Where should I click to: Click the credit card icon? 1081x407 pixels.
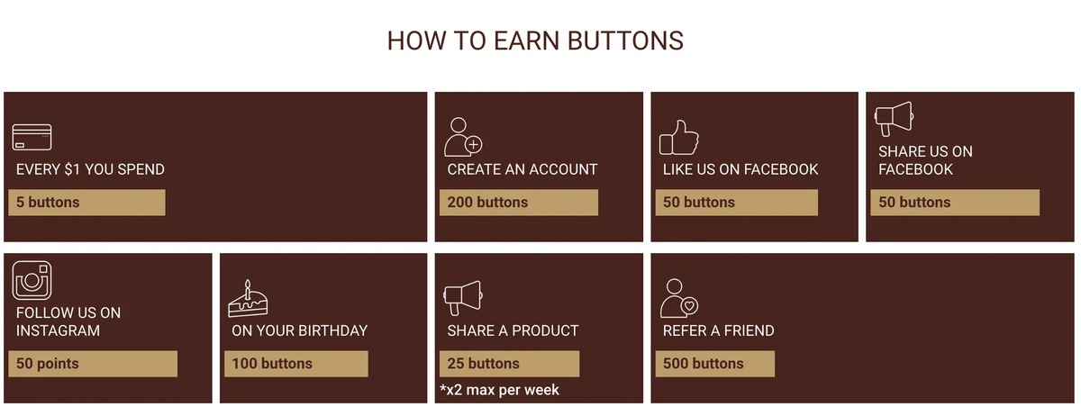pos(32,138)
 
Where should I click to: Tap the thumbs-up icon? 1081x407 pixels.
pos(679,138)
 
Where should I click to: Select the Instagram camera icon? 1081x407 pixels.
pos(32,281)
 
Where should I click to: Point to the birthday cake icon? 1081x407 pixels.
pos(248,299)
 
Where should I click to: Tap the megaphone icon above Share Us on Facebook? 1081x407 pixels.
pos(895,119)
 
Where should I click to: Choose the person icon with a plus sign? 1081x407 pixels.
pos(463,138)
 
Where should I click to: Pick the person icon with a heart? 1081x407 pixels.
pos(679,299)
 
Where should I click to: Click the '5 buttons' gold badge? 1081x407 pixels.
pos(86,203)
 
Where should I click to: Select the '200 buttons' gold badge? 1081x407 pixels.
pos(519,203)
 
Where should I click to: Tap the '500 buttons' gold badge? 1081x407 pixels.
pos(714,364)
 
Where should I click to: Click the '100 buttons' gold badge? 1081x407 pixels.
pos(295,364)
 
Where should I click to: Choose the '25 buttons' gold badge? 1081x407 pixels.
pos(509,364)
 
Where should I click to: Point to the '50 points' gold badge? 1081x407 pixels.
pos(93,364)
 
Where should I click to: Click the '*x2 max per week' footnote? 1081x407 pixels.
pos(499,390)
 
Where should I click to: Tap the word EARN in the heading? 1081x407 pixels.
pos(526,41)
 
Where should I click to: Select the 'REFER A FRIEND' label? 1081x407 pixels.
pos(719,330)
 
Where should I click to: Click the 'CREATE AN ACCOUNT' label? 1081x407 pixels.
pos(522,170)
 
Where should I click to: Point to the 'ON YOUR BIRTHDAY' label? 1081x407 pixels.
pos(300,330)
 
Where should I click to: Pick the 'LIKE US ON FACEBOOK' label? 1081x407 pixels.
pos(740,170)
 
